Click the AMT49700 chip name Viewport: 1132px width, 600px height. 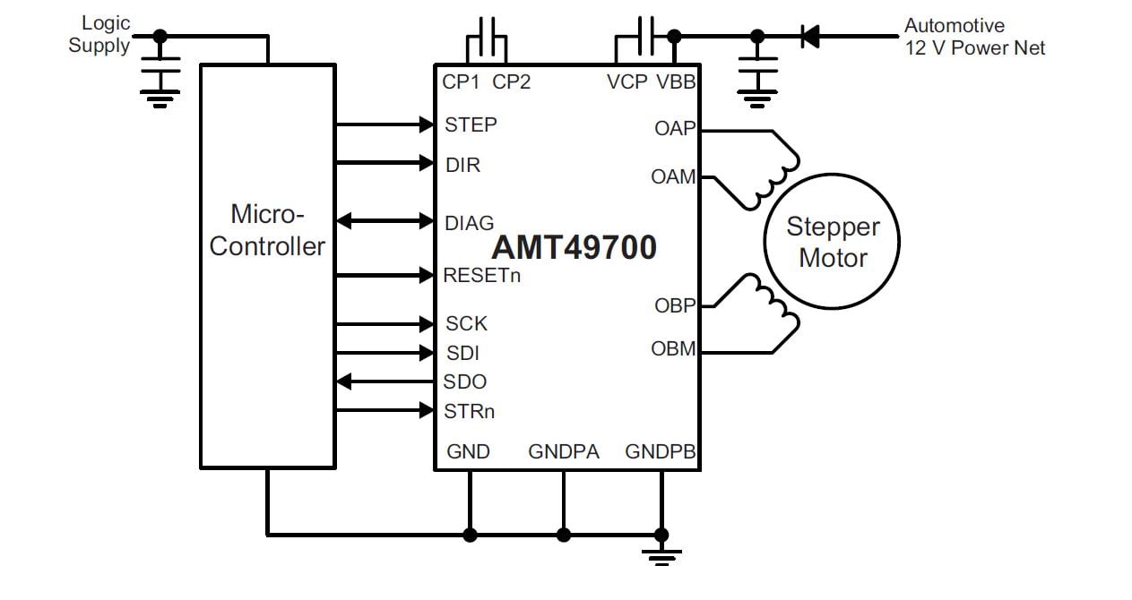[x=574, y=247]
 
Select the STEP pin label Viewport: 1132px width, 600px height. [x=471, y=125]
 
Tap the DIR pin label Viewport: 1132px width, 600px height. [x=462, y=166]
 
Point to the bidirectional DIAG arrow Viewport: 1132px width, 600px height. [x=385, y=220]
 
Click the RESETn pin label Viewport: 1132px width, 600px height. [x=481, y=276]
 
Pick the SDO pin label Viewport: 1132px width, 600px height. [x=465, y=382]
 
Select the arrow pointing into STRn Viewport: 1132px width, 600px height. [x=385, y=411]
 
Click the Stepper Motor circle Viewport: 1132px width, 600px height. [x=833, y=243]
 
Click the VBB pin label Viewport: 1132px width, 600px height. [x=677, y=82]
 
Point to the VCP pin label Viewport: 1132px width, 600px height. [x=626, y=82]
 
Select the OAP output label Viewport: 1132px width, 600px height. [x=675, y=129]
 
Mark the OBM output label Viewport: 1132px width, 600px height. [x=673, y=349]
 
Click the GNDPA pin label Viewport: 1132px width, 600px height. [x=564, y=451]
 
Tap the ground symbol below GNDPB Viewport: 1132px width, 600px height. [x=662, y=555]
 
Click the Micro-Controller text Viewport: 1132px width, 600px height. [x=267, y=231]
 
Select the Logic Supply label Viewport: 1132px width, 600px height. [x=100, y=35]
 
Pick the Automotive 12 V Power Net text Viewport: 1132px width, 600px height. [x=974, y=37]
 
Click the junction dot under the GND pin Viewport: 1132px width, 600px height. [x=470, y=535]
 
